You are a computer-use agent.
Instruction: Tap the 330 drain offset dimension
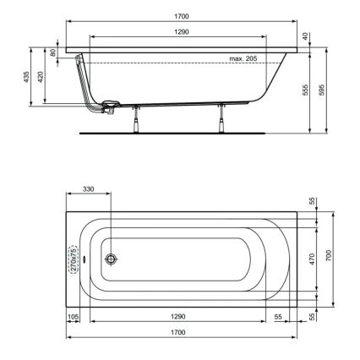point(88,189)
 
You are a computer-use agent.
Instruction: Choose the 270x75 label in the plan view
point(74,257)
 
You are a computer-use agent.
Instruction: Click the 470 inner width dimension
point(312,258)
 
